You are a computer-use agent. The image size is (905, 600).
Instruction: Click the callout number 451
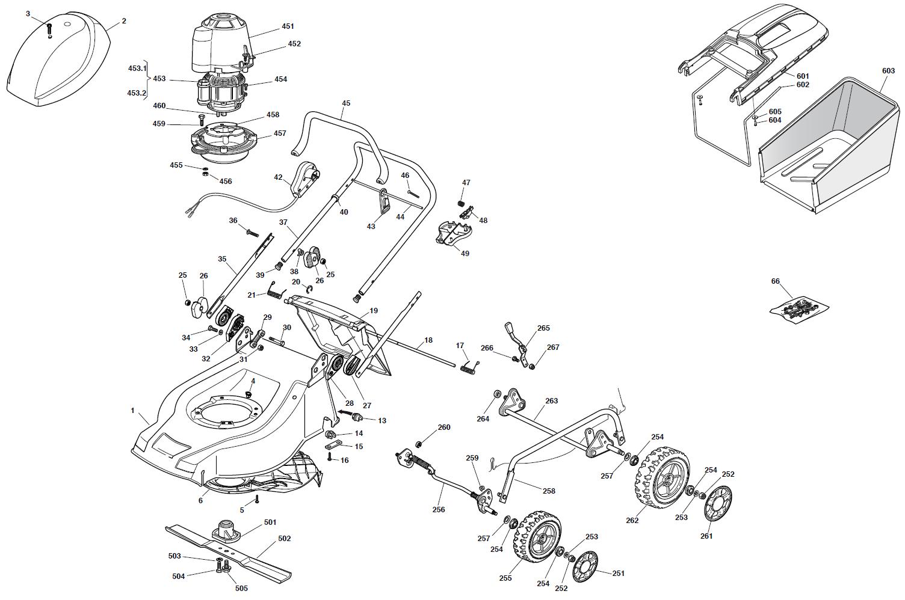288,26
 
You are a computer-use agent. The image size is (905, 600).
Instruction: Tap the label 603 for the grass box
888,71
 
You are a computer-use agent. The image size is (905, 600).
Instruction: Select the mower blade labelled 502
229,554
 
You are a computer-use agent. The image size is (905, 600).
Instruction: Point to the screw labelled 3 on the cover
50,28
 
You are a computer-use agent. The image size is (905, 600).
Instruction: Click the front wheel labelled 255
539,536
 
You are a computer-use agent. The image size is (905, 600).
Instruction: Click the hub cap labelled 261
717,503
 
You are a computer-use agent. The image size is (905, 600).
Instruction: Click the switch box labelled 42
306,179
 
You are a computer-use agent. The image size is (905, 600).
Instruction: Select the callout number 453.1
137,69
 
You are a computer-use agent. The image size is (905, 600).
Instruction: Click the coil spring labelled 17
469,368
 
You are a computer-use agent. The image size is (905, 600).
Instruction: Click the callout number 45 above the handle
346,103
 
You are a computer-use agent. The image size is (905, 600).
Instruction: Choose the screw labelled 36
252,233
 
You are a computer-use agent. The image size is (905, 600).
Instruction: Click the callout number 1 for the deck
132,411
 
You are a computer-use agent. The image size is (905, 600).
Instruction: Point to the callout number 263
551,401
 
